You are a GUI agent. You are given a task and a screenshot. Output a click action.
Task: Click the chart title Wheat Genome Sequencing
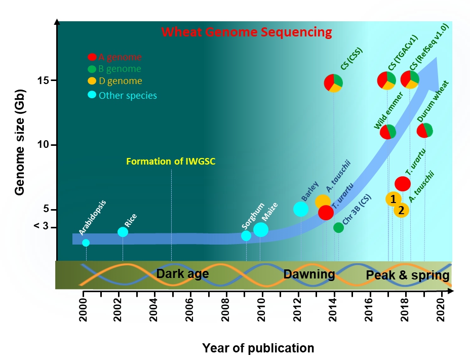247,32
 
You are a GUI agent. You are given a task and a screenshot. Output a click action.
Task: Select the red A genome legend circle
92,58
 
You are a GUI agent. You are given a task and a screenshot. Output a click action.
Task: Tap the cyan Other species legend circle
92,95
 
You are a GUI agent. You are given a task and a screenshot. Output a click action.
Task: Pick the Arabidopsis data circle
86,243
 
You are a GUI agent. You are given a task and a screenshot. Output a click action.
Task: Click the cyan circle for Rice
123,232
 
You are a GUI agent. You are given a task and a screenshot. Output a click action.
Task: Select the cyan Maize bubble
261,229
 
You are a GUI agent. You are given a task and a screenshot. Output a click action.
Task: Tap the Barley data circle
301,209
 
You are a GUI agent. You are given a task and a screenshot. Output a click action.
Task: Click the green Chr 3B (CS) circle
338,227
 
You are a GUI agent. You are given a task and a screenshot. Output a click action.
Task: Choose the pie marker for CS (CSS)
333,83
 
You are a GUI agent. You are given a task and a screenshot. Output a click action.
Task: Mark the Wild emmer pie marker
388,132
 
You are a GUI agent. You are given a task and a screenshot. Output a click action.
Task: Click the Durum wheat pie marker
424,131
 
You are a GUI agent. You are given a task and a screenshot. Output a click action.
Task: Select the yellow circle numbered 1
393,199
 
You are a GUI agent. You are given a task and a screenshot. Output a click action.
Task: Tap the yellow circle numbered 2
401,210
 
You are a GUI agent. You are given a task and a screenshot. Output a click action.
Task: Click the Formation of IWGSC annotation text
170,162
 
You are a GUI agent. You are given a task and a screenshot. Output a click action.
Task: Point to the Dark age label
182,274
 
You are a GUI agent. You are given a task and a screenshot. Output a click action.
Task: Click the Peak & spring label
408,275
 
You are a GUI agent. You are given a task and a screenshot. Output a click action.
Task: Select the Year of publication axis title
258,348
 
